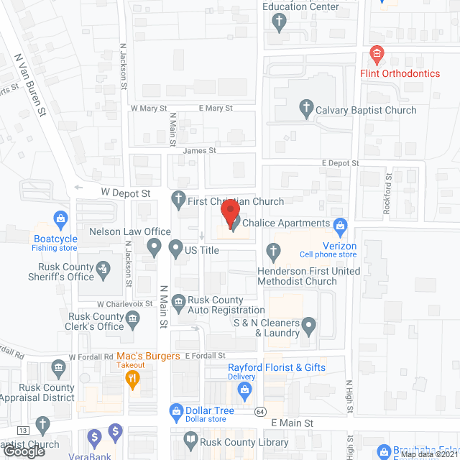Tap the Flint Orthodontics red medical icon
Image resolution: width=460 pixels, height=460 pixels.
click(x=376, y=54)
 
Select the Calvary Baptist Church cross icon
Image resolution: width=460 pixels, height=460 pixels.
click(x=305, y=110)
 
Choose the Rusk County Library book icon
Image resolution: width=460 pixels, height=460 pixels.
click(x=190, y=438)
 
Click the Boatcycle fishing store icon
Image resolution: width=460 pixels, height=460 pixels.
click(x=60, y=217)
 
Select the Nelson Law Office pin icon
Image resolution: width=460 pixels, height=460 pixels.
click(x=153, y=249)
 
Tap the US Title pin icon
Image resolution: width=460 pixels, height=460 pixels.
click(x=175, y=249)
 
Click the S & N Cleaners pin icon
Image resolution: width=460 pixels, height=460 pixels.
click(x=308, y=327)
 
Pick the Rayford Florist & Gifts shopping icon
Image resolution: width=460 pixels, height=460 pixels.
click(x=244, y=389)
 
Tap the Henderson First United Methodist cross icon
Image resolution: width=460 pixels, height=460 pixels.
click(x=272, y=252)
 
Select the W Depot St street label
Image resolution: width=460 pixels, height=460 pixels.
click(x=125, y=193)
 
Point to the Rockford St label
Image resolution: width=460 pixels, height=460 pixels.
click(x=389, y=194)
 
